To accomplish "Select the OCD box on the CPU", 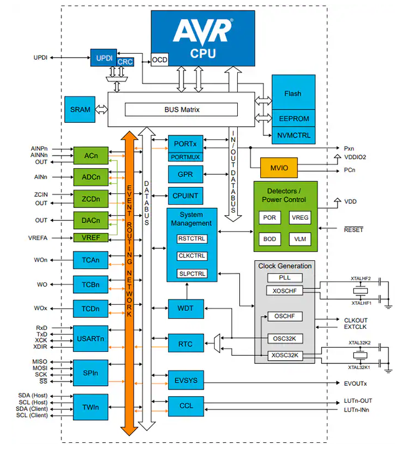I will click(159, 59).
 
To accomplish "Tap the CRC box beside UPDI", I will click(125, 62).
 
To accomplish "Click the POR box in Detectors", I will click(270, 218).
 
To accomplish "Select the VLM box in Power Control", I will click(300, 239).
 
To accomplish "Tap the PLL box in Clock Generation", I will click(284, 278).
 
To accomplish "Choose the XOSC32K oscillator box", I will click(285, 355).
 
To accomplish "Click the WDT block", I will click(186, 309).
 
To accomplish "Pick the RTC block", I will click(186, 344).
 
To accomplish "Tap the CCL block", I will click(186, 406).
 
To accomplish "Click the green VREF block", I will click(91, 238).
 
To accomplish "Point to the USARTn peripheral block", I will click(91, 339).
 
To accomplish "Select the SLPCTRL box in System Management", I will click(192, 273).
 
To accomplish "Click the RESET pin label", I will click(353, 230).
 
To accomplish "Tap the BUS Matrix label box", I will click(182, 110).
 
